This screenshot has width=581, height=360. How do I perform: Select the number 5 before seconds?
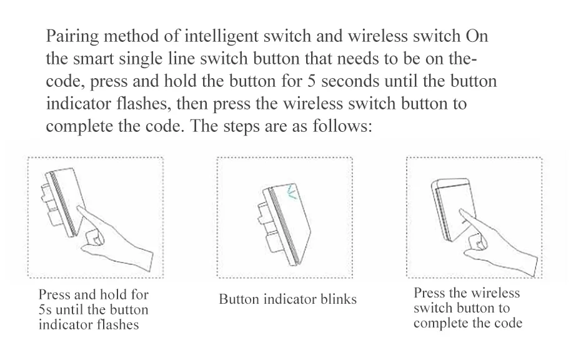point(310,82)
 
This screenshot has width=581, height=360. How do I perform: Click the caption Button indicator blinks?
point(287,299)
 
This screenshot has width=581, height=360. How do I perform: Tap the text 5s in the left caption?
point(47,309)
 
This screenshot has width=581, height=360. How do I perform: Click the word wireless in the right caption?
point(495,292)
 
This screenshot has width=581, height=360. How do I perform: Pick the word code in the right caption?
point(507,323)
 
